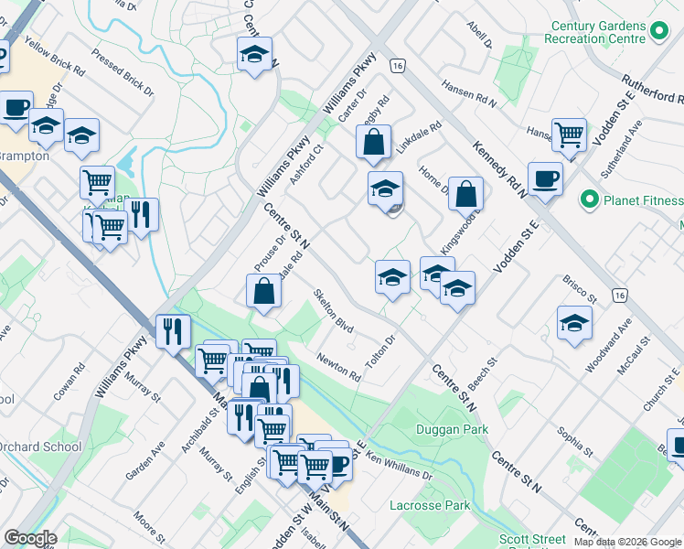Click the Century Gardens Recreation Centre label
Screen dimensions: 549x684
coord(594,33)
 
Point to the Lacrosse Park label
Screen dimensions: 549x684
coord(430,505)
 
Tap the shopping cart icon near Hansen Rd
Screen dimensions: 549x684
coord(569,135)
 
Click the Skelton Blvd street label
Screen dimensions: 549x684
coord(333,311)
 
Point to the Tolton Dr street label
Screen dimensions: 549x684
coord(379,352)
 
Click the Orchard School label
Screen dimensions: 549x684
coord(40,447)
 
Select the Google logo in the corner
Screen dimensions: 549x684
coord(30,538)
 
